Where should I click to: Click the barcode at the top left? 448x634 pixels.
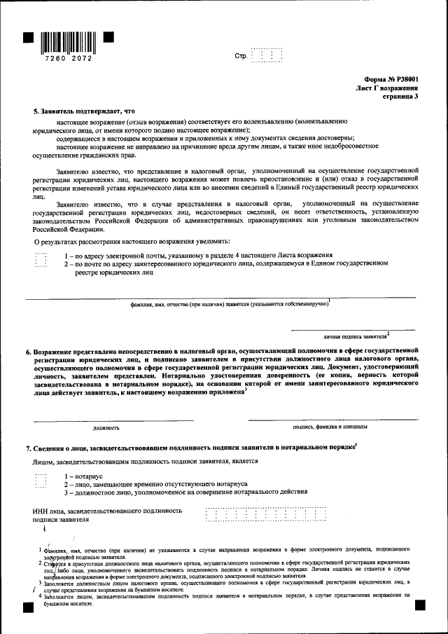(x=69, y=41)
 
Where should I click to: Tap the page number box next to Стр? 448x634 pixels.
(x=267, y=55)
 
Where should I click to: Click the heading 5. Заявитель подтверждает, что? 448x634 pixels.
(x=84, y=111)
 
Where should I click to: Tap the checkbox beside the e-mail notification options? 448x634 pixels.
(x=41, y=260)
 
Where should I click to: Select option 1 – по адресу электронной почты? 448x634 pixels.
(x=198, y=256)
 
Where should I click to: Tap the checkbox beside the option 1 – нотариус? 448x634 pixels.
(x=41, y=480)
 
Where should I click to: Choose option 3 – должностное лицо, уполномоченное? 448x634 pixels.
(x=185, y=492)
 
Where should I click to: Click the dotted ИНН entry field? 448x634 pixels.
(x=267, y=515)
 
